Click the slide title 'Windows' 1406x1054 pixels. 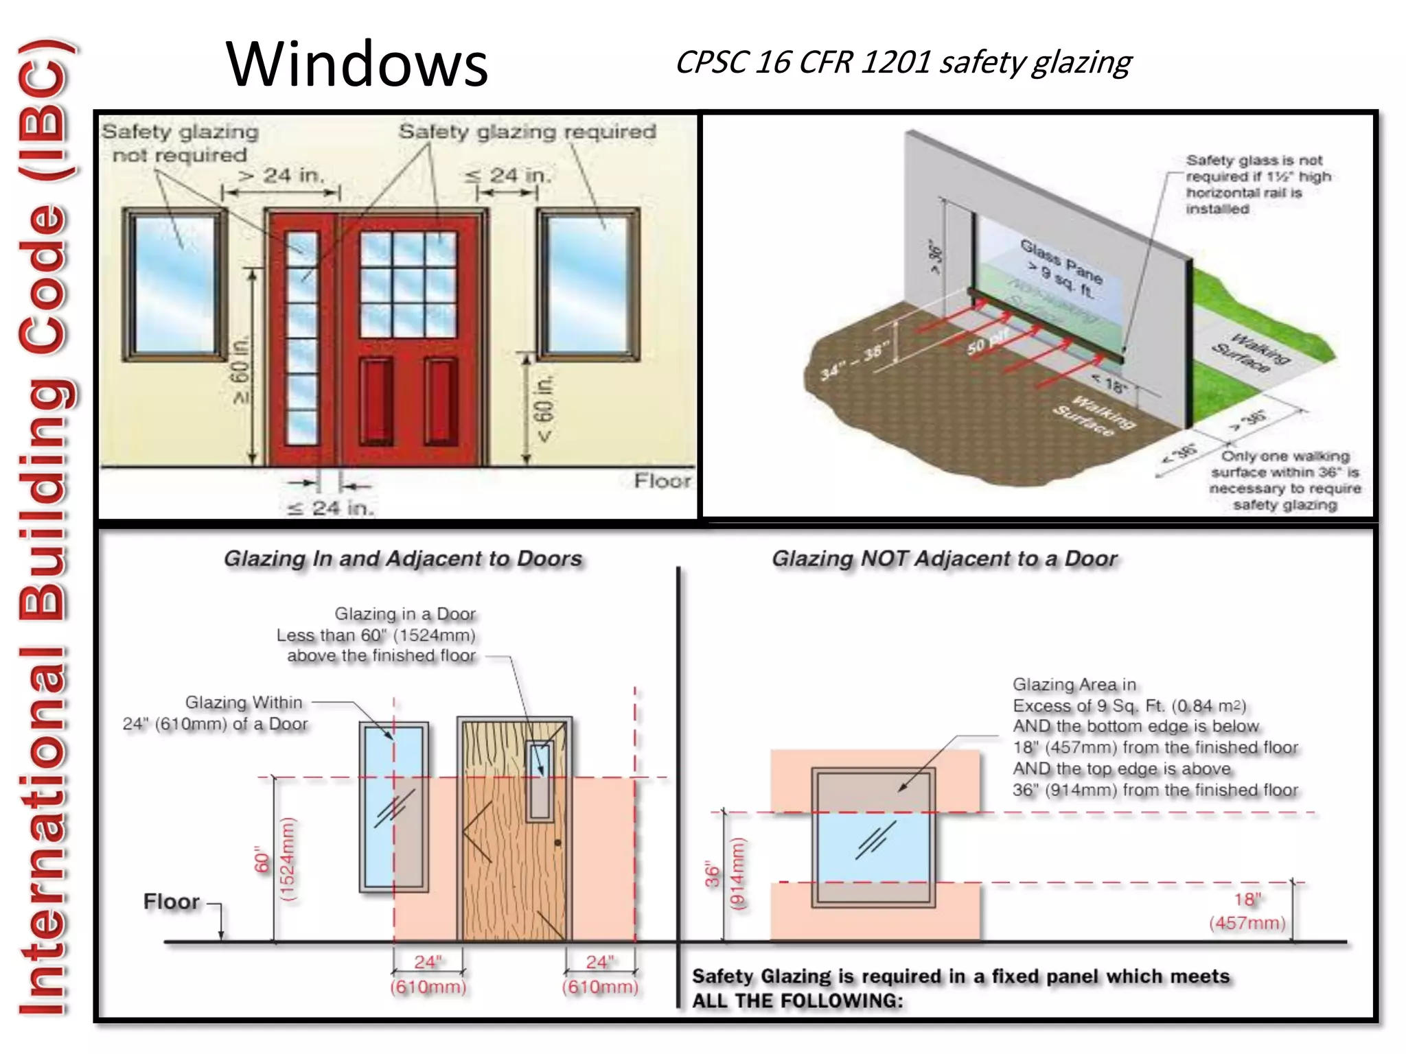[x=356, y=65]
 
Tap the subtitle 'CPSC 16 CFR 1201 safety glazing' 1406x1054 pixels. [x=903, y=62]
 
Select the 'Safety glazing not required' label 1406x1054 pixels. [x=180, y=143]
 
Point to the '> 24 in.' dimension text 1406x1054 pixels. [x=281, y=176]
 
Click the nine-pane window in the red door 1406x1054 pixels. [x=408, y=284]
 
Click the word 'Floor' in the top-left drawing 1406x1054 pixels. [x=662, y=481]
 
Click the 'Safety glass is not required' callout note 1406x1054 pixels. [x=1258, y=184]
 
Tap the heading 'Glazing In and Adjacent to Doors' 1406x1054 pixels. [x=403, y=559]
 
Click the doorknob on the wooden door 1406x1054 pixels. [x=557, y=843]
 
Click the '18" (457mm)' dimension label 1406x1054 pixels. [x=1247, y=911]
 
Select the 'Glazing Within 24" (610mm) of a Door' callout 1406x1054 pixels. [x=216, y=713]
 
